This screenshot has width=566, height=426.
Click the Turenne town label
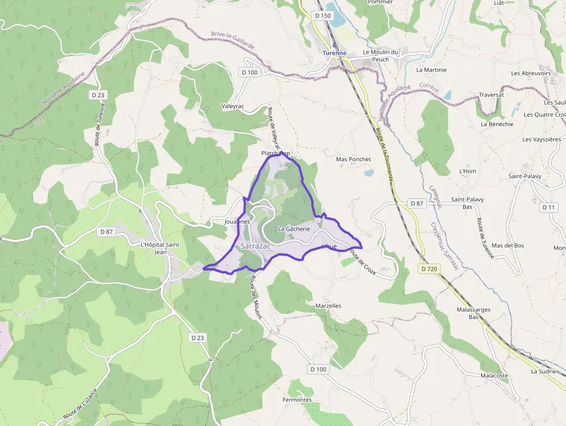[334, 53]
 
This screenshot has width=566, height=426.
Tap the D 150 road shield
[323, 16]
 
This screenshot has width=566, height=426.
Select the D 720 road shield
[430, 269]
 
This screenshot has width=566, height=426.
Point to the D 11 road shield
[549, 207]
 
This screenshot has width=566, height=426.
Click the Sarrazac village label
[255, 246]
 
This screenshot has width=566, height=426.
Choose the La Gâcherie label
[294, 229]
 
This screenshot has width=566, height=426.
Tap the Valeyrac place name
[233, 106]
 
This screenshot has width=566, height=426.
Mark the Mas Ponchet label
[353, 159]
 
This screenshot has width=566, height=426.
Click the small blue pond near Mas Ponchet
[368, 172]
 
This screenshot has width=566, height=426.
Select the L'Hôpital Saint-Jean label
[161, 248]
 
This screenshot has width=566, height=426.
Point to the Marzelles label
[329, 306]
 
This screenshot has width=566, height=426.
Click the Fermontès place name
[297, 400]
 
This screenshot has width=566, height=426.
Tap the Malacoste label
[494, 375]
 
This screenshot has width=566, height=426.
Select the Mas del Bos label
[509, 246]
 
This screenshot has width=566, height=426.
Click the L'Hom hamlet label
[468, 172]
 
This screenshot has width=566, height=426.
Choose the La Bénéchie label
[497, 124]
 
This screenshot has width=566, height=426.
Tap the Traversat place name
[491, 94]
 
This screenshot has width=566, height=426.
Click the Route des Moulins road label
[256, 295]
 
